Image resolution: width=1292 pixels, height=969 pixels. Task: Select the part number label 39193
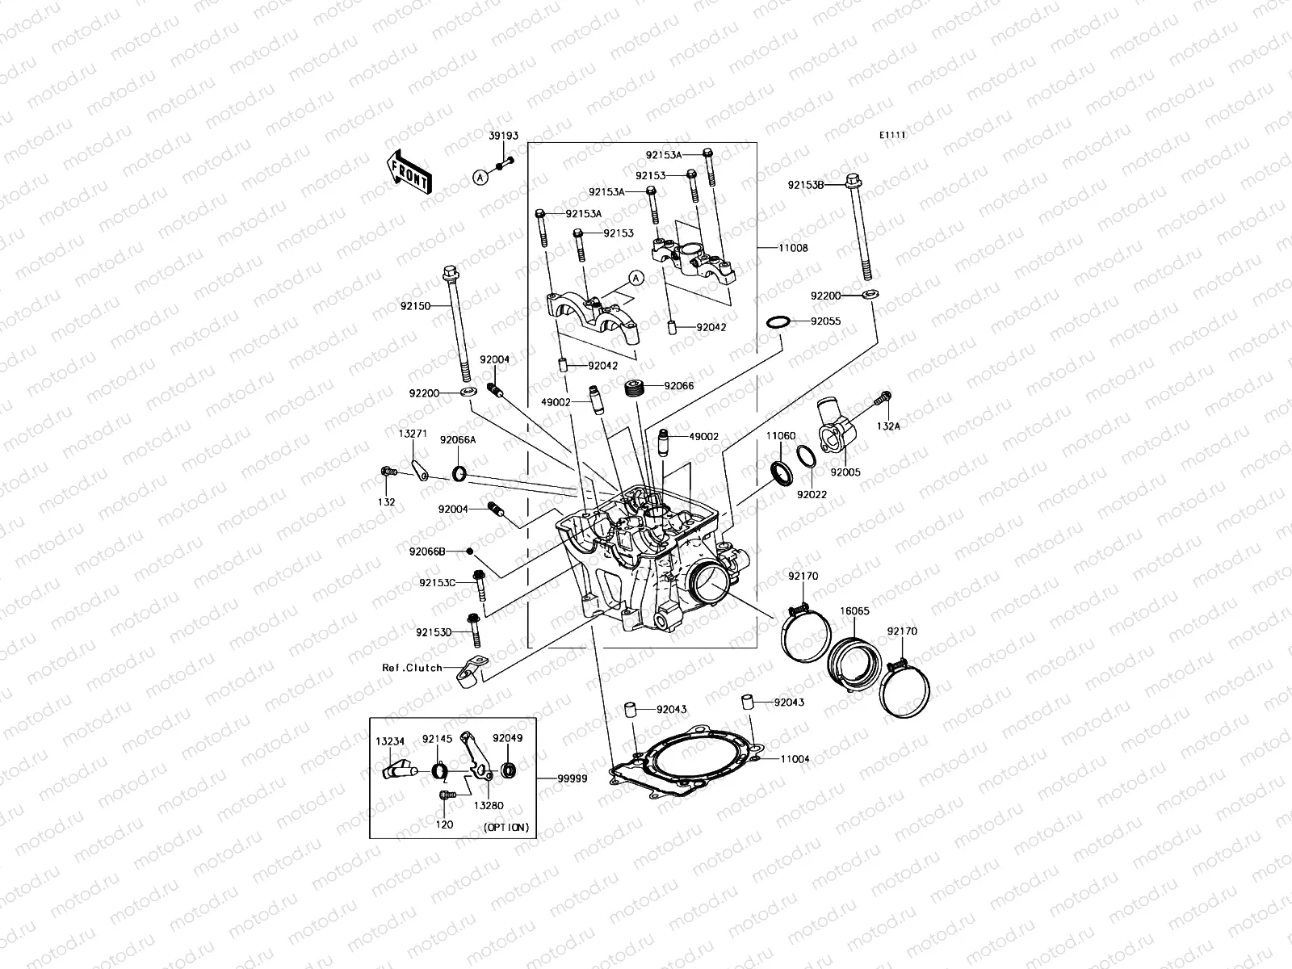click(503, 136)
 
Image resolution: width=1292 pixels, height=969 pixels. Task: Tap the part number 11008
click(792, 249)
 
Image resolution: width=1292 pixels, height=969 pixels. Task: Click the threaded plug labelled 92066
click(636, 388)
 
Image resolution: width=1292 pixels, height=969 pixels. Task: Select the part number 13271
click(412, 434)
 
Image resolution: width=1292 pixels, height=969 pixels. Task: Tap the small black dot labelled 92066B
click(469, 552)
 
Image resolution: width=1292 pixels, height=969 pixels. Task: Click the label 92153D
click(434, 632)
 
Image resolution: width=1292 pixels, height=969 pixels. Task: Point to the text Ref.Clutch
click(412, 668)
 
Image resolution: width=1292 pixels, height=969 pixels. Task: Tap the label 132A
click(887, 426)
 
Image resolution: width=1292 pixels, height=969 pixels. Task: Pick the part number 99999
click(572, 778)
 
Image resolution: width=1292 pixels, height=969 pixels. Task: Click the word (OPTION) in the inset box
click(506, 827)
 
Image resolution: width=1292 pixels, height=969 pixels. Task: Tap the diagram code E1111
click(892, 136)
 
